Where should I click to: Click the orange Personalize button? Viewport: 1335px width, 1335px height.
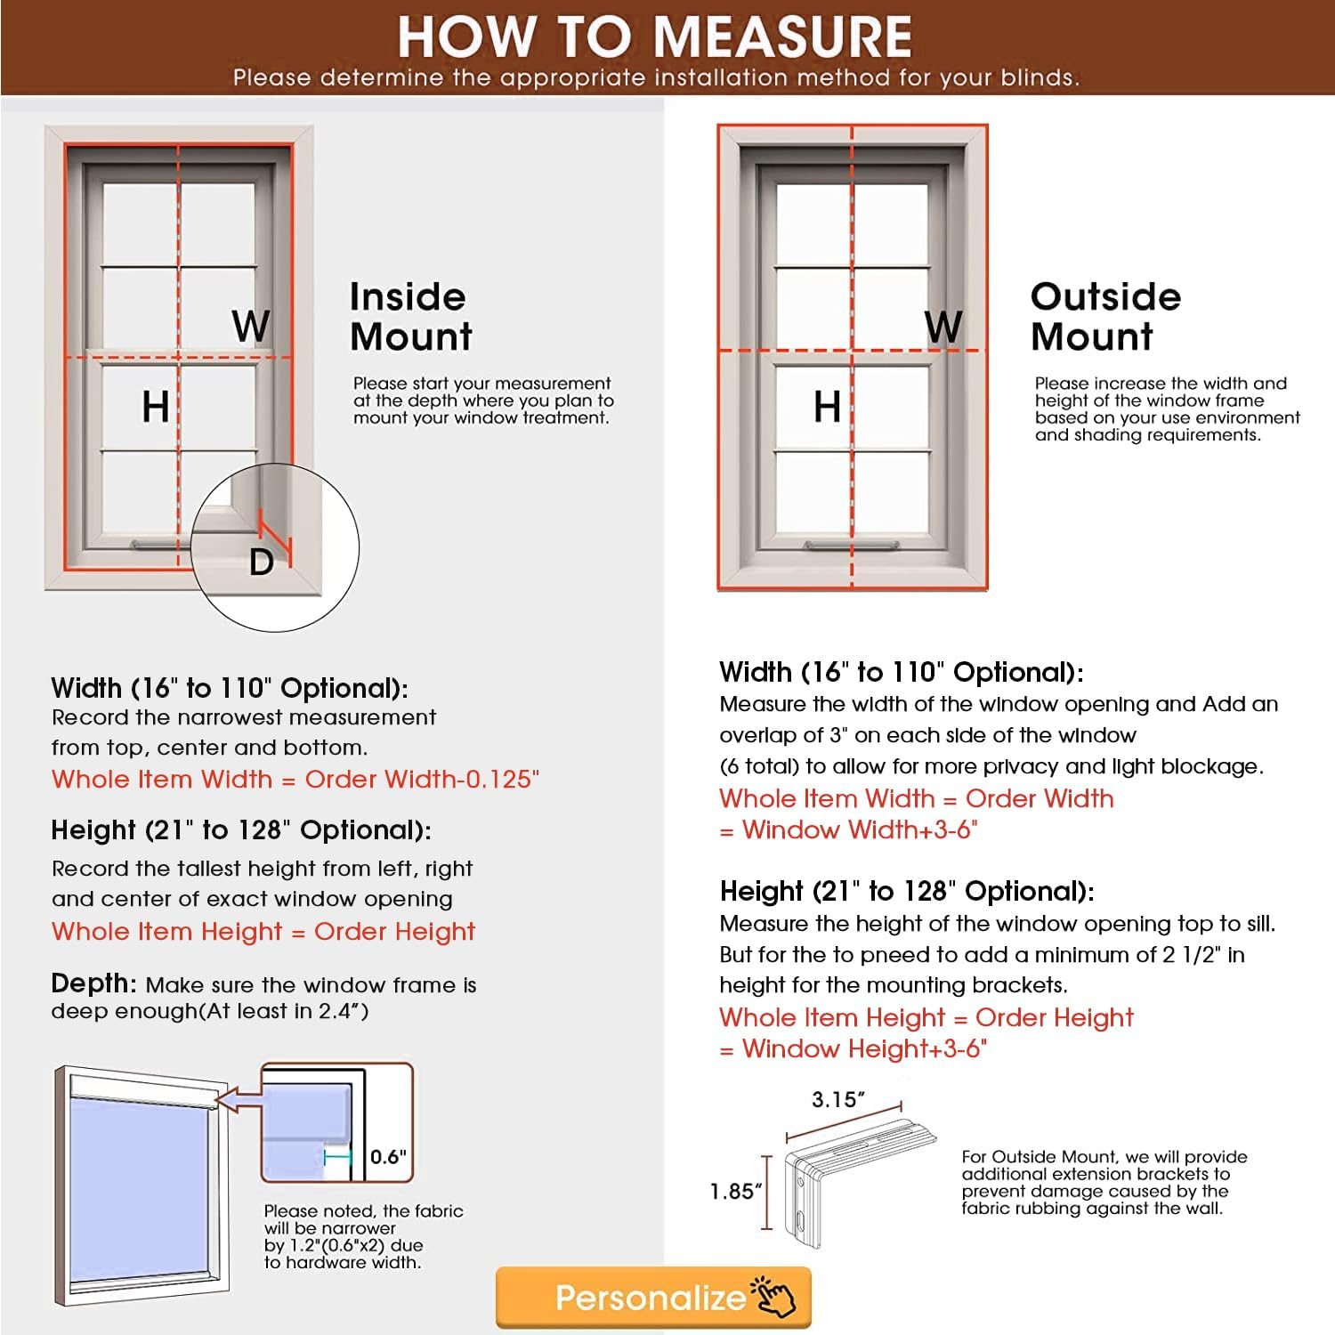(x=653, y=1298)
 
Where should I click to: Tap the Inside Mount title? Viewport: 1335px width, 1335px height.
(x=410, y=317)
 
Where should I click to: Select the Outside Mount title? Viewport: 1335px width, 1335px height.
(x=1105, y=317)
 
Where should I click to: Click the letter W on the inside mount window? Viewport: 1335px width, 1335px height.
(x=250, y=326)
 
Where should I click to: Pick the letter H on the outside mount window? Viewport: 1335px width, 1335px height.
(x=827, y=407)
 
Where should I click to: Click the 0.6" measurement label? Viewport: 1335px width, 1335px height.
(x=388, y=1156)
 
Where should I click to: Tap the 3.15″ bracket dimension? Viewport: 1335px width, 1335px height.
(x=837, y=1100)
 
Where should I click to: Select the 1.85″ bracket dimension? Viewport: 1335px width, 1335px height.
(x=735, y=1192)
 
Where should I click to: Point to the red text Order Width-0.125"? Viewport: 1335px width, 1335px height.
(x=422, y=780)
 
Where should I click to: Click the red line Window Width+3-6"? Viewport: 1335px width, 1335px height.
(x=850, y=830)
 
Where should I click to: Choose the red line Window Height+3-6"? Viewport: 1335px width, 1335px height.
(x=854, y=1049)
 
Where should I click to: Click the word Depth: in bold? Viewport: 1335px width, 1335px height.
(x=93, y=983)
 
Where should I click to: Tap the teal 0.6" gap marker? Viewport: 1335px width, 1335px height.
(x=338, y=1156)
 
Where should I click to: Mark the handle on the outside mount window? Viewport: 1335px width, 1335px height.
(x=851, y=545)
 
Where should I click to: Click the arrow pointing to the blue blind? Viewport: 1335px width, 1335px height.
(x=238, y=1100)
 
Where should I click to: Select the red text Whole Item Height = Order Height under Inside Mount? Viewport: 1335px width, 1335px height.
(x=263, y=932)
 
